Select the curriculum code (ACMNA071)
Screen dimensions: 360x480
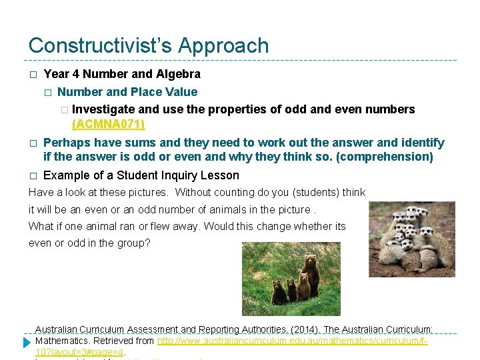point(108,124)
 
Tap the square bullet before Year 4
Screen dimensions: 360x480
point(33,74)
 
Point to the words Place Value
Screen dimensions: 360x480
point(164,92)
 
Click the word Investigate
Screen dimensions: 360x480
point(104,109)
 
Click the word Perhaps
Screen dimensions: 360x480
point(66,143)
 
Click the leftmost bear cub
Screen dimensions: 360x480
point(279,292)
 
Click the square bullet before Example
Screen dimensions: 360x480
point(33,176)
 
